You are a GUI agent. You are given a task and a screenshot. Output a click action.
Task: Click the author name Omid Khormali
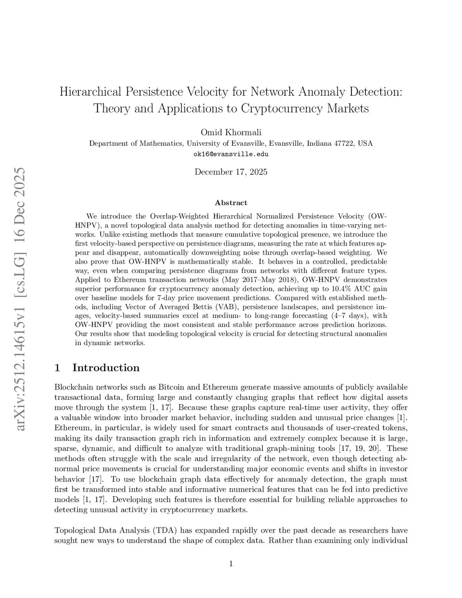(231, 132)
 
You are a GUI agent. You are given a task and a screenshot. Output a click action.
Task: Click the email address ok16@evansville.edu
(231, 154)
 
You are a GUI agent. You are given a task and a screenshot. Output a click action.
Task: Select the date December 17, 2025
(231, 172)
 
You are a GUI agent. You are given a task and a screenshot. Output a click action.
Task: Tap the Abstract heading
(231, 203)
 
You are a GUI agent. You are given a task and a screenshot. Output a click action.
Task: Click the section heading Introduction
(106, 368)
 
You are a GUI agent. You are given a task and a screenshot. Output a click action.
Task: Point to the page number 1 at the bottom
(231, 563)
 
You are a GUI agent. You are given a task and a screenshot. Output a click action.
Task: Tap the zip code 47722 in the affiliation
(343, 144)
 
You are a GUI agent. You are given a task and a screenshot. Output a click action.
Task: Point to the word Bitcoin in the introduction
(172, 387)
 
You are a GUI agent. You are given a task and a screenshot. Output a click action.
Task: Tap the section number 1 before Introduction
(57, 368)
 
